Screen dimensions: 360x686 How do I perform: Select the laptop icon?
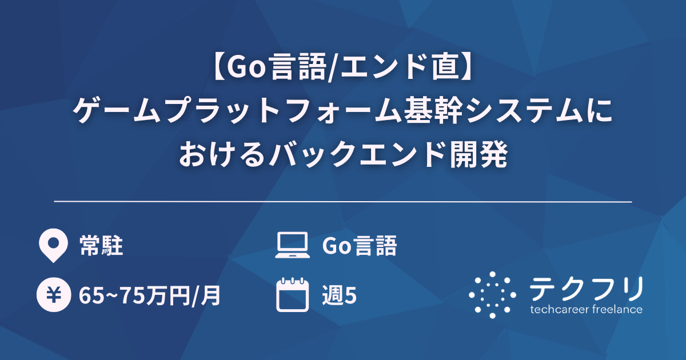point(292,246)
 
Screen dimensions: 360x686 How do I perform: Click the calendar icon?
point(292,295)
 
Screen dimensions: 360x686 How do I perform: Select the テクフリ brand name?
point(586,289)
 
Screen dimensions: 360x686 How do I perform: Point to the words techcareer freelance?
point(586,310)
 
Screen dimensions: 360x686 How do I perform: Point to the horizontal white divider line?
point(343,202)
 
